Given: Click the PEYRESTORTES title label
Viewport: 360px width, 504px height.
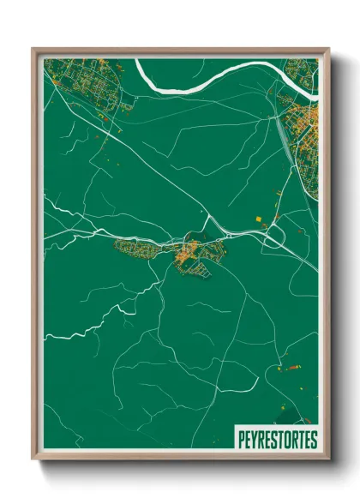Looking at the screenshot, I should tap(276, 439).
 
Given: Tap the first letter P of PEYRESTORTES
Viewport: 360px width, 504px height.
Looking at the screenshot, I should tap(239, 440).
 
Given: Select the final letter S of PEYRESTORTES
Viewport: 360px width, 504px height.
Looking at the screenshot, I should tap(313, 440).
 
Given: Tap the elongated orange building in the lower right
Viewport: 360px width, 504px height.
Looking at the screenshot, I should tap(292, 366).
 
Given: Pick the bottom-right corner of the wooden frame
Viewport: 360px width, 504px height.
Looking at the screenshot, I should tap(327, 459).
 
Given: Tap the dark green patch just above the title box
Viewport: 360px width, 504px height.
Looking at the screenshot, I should tap(274, 411).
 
